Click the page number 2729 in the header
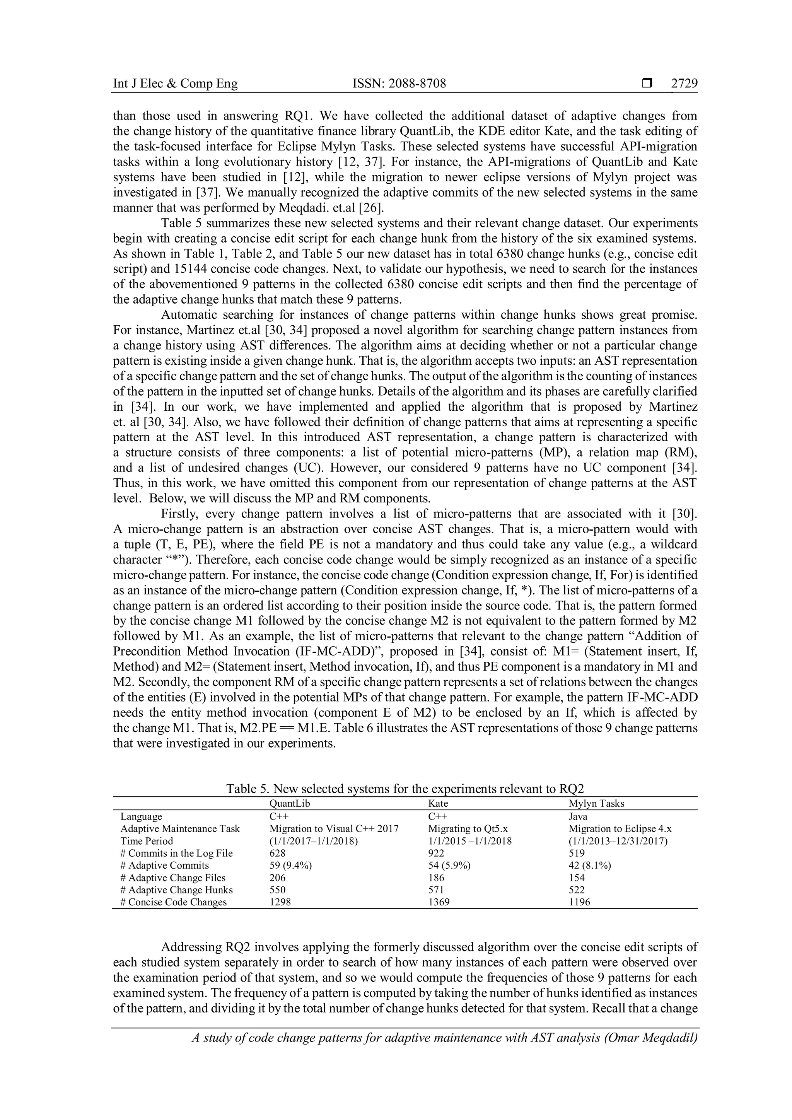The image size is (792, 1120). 684,84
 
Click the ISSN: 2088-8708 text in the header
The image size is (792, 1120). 399,84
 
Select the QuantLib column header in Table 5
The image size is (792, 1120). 290,803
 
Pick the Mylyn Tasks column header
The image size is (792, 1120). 596,803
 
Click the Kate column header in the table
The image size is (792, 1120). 437,803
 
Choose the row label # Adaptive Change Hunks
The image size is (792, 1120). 177,890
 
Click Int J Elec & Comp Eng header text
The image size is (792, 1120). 176,84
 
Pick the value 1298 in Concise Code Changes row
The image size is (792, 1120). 280,902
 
